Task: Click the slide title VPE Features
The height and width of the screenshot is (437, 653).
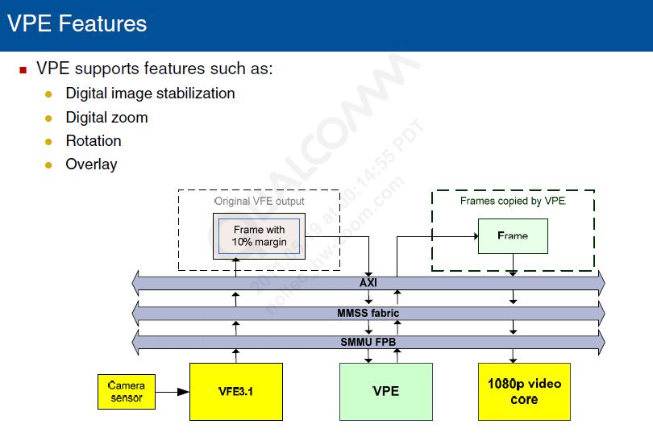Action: [x=77, y=23]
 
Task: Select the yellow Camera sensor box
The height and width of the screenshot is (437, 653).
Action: [x=127, y=392]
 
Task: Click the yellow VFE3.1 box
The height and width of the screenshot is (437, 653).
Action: [x=236, y=392]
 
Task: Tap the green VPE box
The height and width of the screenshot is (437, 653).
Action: [x=385, y=391]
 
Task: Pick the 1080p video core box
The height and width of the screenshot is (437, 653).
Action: [x=524, y=391]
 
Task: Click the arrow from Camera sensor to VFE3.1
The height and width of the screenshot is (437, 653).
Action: [x=173, y=393]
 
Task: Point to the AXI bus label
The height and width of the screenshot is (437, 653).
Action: [x=368, y=283]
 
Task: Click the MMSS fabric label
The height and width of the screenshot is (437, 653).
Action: [x=368, y=313]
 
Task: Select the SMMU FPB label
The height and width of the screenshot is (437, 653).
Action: [x=368, y=342]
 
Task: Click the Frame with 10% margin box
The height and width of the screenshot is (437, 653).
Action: [x=259, y=235]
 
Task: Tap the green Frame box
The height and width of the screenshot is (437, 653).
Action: [x=513, y=235]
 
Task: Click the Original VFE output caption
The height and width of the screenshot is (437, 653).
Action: [x=259, y=201]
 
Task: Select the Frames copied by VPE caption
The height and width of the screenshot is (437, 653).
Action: [x=513, y=201]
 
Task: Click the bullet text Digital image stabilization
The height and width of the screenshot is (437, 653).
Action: [x=150, y=94]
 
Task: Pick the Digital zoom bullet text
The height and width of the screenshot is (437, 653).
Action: [x=106, y=118]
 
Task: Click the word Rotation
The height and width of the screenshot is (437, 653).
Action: [x=94, y=141]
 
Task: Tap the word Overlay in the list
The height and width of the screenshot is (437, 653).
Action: [x=91, y=164]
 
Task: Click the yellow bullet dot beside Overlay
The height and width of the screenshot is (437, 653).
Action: [x=48, y=164]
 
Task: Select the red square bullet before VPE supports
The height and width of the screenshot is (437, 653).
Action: [x=23, y=69]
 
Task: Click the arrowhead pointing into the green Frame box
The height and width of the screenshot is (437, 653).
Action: [x=473, y=236]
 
